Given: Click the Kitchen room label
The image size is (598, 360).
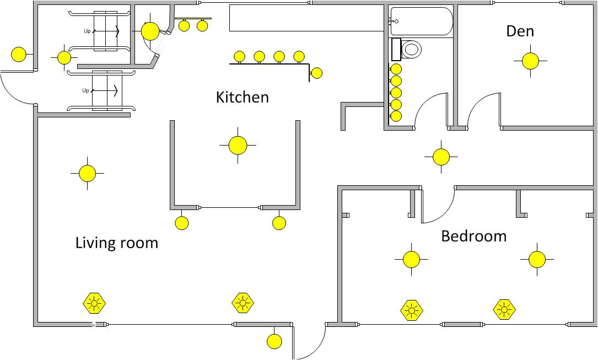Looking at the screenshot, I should click(x=242, y=97).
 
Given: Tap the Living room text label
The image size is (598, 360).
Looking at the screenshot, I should click(x=116, y=243).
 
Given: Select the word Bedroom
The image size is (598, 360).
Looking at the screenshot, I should click(x=473, y=236).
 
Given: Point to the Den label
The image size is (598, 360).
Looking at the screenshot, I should click(x=520, y=31).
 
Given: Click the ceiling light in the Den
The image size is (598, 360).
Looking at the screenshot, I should click(x=530, y=61).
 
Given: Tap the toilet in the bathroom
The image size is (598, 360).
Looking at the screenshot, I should click(x=411, y=49).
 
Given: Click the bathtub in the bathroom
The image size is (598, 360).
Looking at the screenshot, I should click(x=422, y=22).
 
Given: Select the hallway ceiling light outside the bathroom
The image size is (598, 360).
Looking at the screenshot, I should click(x=441, y=157).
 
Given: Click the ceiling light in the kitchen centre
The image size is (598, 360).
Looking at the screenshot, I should click(x=238, y=146).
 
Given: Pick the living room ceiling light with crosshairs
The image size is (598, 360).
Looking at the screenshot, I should click(x=87, y=174).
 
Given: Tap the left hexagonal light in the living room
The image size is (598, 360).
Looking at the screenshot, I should click(x=94, y=303).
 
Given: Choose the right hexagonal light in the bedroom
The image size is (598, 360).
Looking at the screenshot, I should click(x=504, y=310).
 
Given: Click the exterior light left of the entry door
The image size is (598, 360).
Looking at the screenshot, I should click(x=19, y=55).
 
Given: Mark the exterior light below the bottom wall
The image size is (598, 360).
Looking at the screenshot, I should click(x=274, y=341).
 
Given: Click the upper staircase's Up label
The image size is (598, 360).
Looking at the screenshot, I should click(x=87, y=31).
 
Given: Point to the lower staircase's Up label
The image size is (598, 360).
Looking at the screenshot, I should click(x=85, y=90).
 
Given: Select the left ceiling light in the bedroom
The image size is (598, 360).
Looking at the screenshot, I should click(x=411, y=259).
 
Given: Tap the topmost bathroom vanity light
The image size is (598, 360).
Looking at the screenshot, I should click(x=396, y=69).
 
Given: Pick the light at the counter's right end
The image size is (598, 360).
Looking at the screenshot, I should click(x=316, y=73).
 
